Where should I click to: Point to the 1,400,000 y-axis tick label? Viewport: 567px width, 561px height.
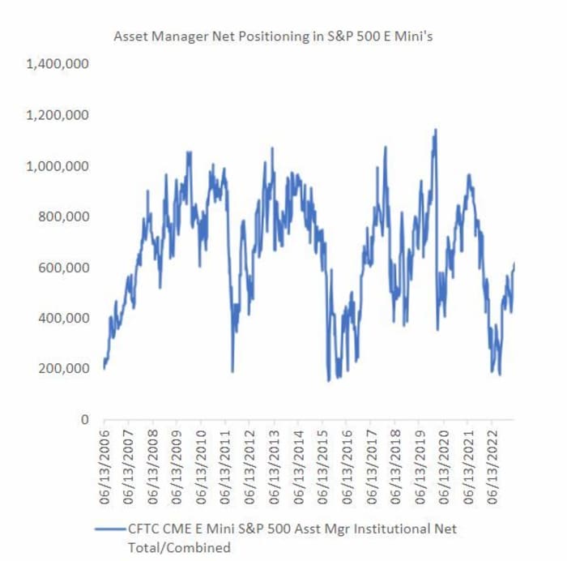58,65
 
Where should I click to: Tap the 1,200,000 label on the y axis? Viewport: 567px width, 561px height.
58,115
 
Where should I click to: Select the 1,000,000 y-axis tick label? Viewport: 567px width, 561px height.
58,166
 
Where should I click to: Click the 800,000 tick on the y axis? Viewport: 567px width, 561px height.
65,216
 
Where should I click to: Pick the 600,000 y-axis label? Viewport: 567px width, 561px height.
65,268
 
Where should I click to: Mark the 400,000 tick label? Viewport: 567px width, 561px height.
65,318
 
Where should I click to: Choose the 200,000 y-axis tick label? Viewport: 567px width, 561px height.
65,369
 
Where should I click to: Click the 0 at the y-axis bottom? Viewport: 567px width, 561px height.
83,419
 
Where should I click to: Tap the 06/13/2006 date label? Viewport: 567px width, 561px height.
104,457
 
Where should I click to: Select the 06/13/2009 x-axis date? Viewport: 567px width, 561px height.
177,457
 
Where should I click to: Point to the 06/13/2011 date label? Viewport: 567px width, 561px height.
225,457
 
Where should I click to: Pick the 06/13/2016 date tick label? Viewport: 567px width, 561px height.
346,457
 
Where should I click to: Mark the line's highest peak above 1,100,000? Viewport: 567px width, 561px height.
437,130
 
